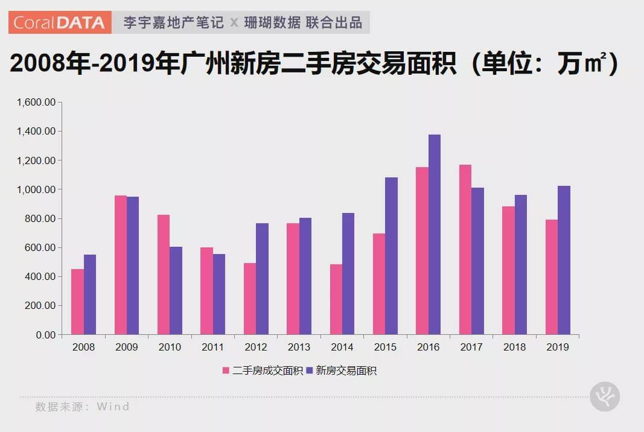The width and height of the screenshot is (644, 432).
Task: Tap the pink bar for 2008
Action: [77, 302]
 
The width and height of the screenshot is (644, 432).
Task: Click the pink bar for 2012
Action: [250, 299]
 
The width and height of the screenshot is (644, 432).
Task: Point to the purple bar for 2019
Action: [564, 260]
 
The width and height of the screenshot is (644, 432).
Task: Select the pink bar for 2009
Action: [121, 265]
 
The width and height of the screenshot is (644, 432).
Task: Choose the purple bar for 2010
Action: [176, 290]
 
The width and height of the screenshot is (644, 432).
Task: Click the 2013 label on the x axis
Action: [299, 348]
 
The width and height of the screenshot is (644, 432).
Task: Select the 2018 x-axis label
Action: [514, 348]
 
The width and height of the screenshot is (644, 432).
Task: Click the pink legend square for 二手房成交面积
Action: [226, 370]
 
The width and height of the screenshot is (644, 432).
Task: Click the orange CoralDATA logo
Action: [60, 23]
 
